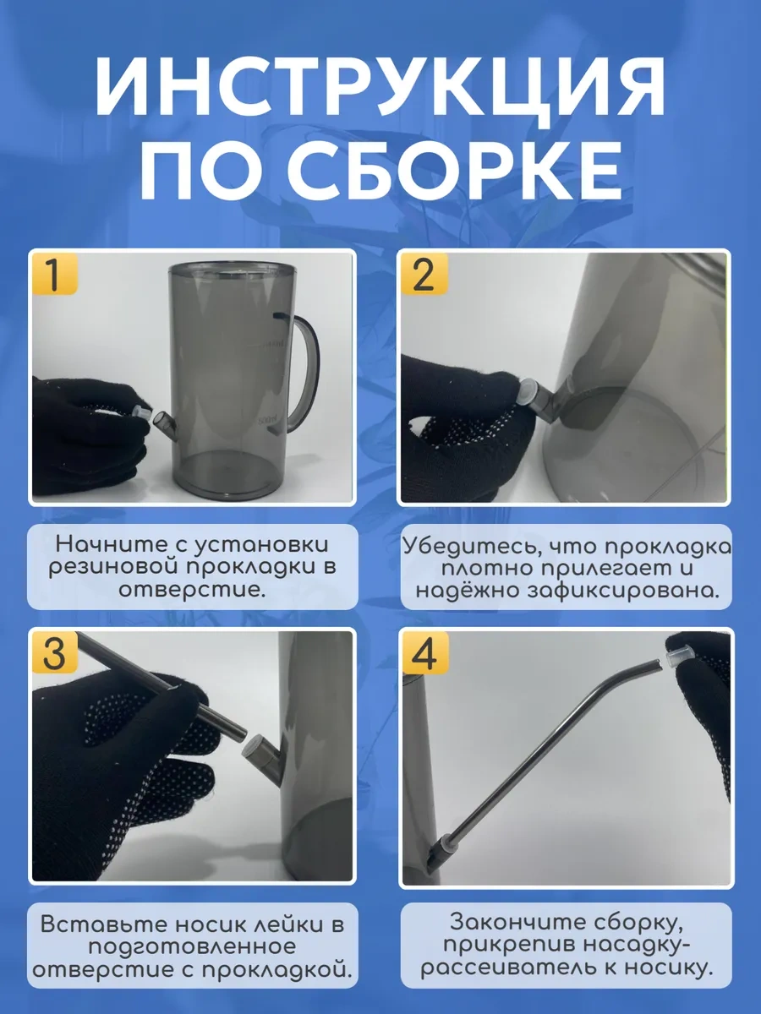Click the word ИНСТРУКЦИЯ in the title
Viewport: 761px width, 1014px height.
pyautogui.click(x=380, y=88)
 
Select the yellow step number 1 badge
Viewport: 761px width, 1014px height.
pyautogui.click(x=54, y=275)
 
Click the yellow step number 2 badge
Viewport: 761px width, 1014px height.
pyautogui.click(x=424, y=275)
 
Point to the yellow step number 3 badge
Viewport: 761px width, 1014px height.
pyautogui.click(x=54, y=652)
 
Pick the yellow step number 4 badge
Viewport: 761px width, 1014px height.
pyautogui.click(x=424, y=652)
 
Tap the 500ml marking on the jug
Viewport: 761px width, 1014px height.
pyautogui.click(x=267, y=421)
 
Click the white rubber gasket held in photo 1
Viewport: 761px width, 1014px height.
pyautogui.click(x=141, y=412)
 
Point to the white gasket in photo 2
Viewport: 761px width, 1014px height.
pyautogui.click(x=528, y=391)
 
